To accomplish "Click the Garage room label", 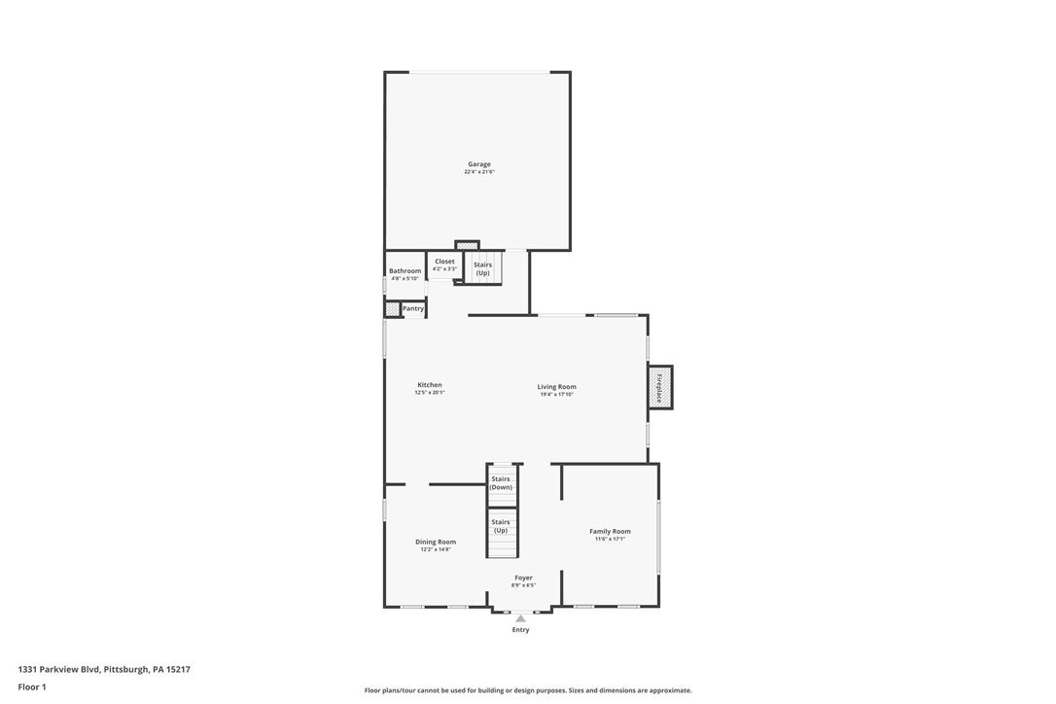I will point(478,164).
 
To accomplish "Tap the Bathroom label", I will point(405,270).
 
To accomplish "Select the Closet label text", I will point(444,262).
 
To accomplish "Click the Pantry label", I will point(413,308).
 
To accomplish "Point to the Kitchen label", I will point(430,385).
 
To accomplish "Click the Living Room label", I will point(556,387).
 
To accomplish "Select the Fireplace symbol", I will point(660,387).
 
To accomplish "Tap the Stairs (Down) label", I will point(501,483).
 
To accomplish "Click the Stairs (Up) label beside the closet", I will point(482,268).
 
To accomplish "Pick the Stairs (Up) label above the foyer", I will point(501,526).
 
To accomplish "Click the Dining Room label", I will point(436,542).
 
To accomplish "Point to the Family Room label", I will point(610,531).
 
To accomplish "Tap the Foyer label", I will point(523,578).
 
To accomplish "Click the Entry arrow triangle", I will point(521,617).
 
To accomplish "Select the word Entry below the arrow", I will point(521,630).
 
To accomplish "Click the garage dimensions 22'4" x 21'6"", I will point(478,172).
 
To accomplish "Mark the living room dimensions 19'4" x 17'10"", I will point(556,394).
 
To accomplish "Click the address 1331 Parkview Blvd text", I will point(104,669).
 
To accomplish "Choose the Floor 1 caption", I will point(32,686).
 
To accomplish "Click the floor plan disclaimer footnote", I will point(528,690).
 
